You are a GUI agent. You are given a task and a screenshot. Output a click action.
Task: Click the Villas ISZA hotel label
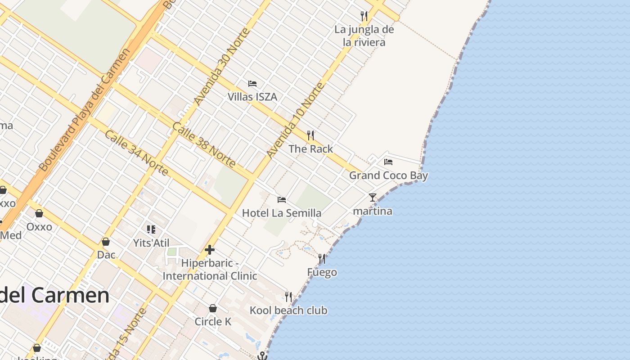point(252,97)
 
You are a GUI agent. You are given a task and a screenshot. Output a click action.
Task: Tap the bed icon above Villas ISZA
point(252,84)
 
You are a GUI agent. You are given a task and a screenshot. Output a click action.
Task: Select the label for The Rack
point(310,149)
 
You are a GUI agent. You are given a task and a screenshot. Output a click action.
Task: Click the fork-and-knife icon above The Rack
point(310,135)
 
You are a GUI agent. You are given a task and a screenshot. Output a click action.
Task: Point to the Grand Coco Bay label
point(388,175)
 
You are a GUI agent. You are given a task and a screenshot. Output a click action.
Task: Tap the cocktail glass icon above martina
point(372,198)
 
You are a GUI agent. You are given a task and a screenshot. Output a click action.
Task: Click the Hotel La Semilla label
point(282,213)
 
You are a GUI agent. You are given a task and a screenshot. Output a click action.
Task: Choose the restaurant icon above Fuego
point(322,259)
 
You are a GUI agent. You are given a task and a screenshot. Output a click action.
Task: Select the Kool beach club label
point(288,310)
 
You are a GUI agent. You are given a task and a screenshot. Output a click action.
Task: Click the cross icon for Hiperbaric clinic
point(210,250)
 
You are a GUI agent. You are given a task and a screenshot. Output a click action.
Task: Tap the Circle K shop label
point(213,321)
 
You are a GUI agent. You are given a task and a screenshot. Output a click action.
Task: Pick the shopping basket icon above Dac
point(106,242)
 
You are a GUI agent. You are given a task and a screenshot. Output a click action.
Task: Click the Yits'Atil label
point(151,243)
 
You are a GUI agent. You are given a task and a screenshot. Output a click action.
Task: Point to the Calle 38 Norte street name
point(204,145)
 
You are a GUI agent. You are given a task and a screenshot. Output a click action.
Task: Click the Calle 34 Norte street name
point(136,153)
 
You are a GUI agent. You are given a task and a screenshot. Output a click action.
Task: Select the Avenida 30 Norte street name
point(221,67)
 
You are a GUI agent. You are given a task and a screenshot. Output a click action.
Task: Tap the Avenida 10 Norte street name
point(295,120)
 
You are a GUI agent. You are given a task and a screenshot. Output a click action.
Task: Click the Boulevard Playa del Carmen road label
point(85,109)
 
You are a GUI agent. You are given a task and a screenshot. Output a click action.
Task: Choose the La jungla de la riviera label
point(364,36)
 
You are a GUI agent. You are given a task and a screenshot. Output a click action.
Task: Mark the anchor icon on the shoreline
point(262,356)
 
